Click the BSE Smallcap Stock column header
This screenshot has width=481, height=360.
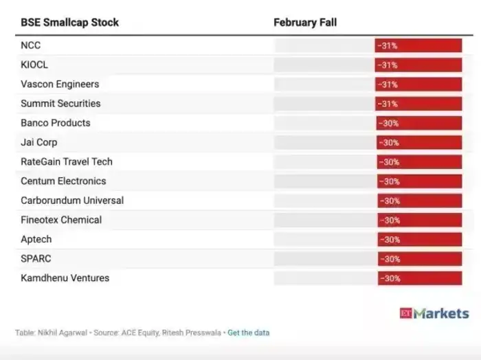coord(69,23)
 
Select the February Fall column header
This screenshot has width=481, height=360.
coord(305,23)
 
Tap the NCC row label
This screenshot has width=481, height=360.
coord(31,45)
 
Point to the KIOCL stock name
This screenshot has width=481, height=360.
coord(35,65)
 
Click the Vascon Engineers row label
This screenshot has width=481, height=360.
coord(60,84)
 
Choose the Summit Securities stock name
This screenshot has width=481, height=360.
coord(60,103)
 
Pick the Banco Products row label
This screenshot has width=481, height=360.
coord(56,123)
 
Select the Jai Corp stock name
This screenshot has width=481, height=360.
coord(39,142)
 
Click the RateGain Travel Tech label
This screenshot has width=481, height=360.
coord(67,161)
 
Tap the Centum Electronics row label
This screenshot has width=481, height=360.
coord(63,181)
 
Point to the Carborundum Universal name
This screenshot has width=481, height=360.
coord(72,201)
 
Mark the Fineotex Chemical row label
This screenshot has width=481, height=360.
coord(61,220)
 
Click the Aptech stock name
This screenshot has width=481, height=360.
coord(36,239)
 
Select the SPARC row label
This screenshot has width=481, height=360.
coord(36,259)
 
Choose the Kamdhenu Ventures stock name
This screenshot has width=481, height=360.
coord(65,278)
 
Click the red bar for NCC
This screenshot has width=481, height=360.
coord(418,45)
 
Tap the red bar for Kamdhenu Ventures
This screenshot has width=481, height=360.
coord(419,278)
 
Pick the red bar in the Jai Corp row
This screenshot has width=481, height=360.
coord(419,142)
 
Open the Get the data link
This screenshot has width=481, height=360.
coord(249,333)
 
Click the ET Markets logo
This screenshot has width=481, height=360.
coord(434,313)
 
